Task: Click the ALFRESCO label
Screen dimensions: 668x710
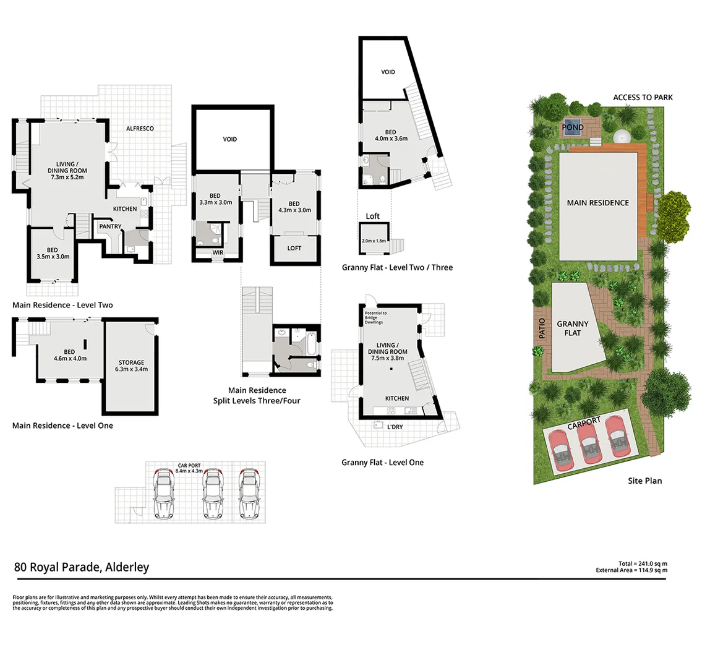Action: click(x=140, y=129)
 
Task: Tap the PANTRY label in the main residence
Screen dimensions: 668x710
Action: click(x=110, y=226)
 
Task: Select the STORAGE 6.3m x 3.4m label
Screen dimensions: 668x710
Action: click(x=131, y=366)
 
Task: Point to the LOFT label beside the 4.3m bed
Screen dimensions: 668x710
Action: click(x=294, y=248)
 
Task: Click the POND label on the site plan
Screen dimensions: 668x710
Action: click(x=572, y=128)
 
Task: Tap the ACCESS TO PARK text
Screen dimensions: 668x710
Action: click(x=643, y=98)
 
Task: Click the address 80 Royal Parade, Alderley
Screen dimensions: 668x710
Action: click(x=81, y=567)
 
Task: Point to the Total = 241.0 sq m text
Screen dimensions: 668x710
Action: click(x=643, y=563)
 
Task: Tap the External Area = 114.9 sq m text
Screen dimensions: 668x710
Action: click(x=631, y=570)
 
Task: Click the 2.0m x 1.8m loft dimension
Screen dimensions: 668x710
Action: click(x=373, y=241)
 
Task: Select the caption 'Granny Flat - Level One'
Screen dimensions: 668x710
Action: click(x=382, y=463)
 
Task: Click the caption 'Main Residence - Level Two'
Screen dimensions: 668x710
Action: click(x=62, y=305)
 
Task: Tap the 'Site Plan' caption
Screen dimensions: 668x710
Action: click(x=644, y=481)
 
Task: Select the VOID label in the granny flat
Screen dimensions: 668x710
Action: click(x=388, y=72)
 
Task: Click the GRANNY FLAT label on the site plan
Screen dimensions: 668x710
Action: click(x=573, y=328)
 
